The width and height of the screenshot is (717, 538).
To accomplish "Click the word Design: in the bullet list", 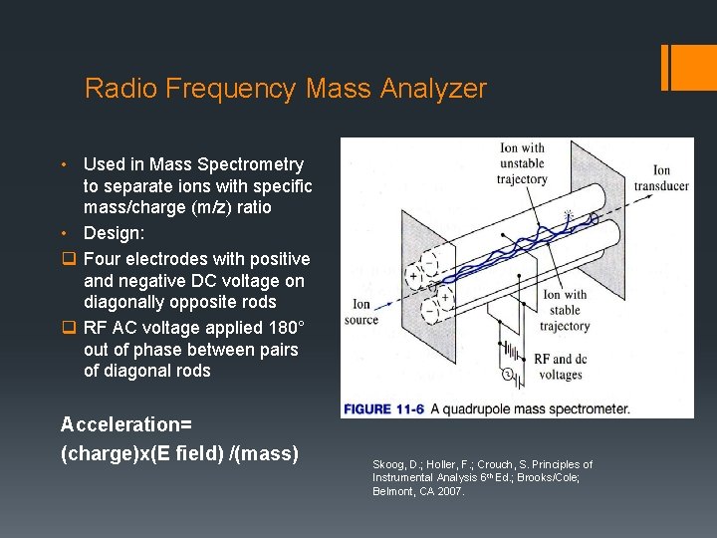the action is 115,232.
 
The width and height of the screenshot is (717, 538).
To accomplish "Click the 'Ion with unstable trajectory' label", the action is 523,164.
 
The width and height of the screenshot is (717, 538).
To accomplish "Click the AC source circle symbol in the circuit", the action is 506,376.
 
